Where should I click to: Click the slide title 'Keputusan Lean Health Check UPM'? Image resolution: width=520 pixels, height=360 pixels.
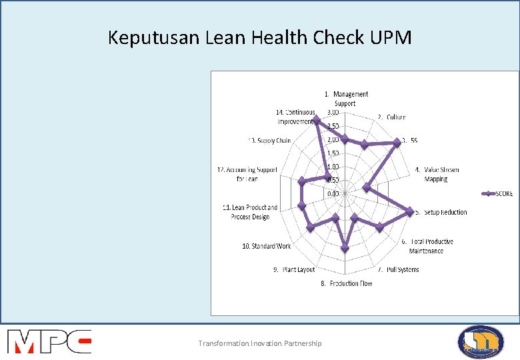pos(260,37)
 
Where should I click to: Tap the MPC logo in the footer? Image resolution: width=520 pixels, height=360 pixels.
pos(49,341)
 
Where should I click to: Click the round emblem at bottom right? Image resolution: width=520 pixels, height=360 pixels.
pos(481,342)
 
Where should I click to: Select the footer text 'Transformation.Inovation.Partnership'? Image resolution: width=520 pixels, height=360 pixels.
pos(259,343)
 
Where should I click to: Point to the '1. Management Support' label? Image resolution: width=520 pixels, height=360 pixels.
pos(347,99)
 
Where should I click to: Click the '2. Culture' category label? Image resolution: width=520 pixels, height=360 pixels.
pos(391,117)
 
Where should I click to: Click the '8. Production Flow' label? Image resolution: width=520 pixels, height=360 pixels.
pos(347,284)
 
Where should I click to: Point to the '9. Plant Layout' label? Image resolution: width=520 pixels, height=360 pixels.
pos(294,269)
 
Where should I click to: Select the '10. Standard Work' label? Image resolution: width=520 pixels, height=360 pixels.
pos(267,246)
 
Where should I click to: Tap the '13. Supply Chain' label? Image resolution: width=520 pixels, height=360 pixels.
pos(269,141)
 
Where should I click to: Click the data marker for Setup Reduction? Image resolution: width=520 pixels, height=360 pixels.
pos(409,211)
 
